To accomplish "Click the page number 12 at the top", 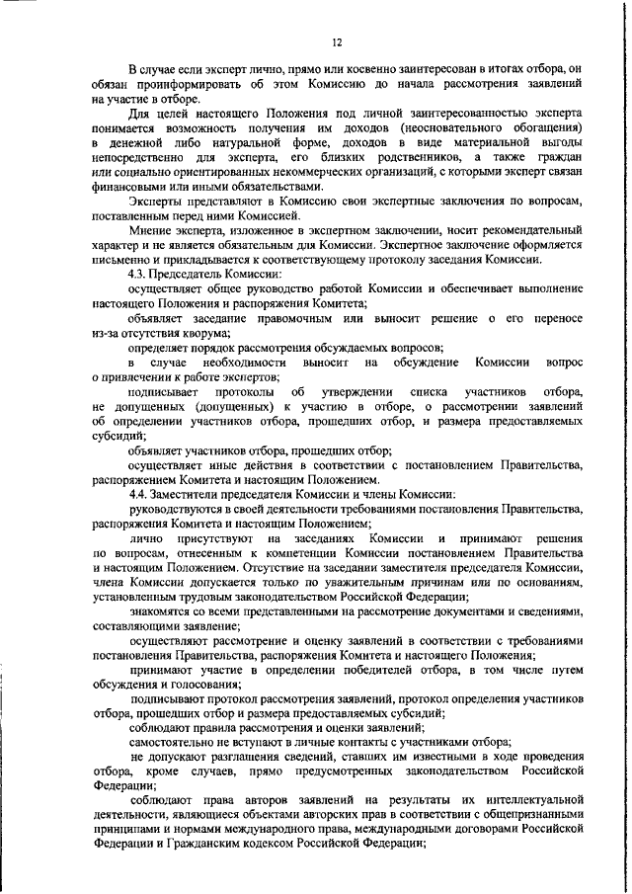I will [336, 41].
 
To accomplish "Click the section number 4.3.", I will [140, 273].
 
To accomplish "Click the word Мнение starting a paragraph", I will [151, 229].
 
